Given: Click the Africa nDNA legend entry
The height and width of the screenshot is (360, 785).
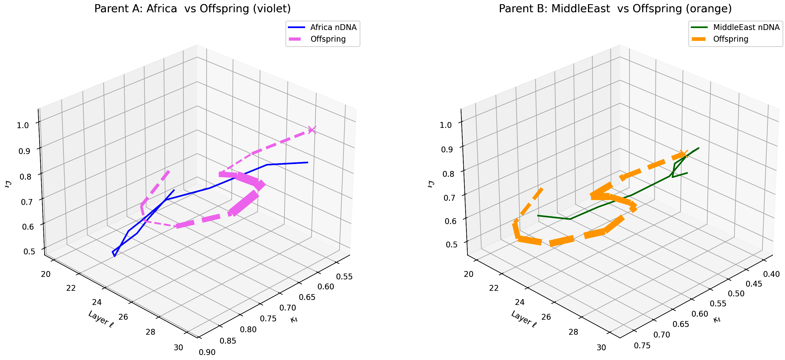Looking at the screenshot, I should tap(333, 28).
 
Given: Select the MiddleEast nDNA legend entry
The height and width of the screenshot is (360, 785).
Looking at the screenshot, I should tap(746, 28).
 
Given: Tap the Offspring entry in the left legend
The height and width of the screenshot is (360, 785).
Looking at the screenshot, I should tap(328, 39).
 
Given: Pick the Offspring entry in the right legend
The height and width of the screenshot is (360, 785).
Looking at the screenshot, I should tap(731, 39).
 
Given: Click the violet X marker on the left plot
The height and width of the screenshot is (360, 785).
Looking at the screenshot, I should tap(312, 130).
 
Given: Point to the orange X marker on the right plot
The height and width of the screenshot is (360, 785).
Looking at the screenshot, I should tap(684, 154).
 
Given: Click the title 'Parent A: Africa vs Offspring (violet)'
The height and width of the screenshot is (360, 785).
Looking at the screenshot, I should tap(192, 9).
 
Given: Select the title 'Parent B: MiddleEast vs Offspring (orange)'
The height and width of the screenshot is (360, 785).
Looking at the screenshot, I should tap(615, 9).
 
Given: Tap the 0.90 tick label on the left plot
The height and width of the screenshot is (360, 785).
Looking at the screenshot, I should tap(207, 352).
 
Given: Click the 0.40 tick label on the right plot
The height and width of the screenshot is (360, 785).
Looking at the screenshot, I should tap(771, 274).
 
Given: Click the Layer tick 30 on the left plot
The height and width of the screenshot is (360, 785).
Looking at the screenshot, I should tap(178, 347).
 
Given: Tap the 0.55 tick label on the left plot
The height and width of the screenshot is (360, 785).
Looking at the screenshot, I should tap(344, 277).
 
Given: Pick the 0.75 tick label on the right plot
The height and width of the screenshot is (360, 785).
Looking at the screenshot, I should tap(642, 346).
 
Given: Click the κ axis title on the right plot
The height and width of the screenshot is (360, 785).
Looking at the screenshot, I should tap(717, 320).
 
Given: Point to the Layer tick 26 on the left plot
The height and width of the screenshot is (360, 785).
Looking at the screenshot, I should tap(123, 317).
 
